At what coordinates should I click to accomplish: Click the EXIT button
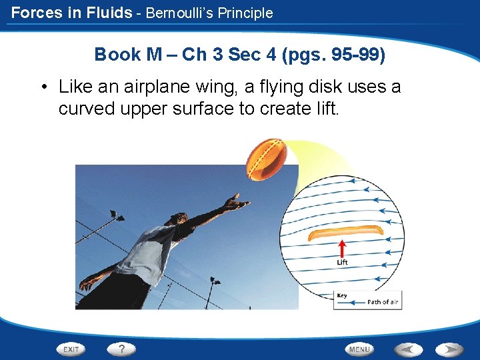point(71,349)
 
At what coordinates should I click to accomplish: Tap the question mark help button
point(121,349)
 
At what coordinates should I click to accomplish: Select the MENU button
point(359,349)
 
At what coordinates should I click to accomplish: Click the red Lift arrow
point(342,248)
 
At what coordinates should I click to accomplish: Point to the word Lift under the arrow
point(342,263)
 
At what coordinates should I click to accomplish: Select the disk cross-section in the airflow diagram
point(345,233)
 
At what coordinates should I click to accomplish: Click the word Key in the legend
point(342,295)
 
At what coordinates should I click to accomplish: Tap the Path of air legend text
point(383,302)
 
